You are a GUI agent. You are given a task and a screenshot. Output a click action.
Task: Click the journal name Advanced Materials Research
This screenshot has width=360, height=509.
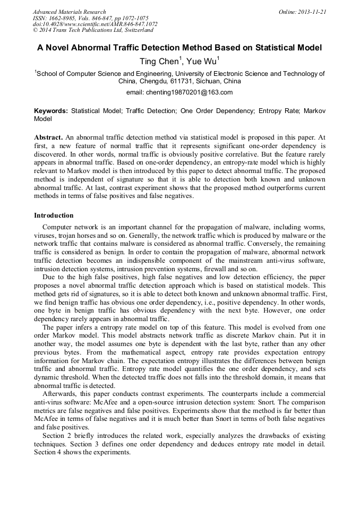(69, 12)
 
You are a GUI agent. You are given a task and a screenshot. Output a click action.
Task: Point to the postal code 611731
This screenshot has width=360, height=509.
(181, 82)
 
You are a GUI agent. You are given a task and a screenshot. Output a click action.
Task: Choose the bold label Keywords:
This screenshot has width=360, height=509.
(51, 111)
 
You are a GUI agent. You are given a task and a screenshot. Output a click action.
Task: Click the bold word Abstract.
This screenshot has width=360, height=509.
(48, 137)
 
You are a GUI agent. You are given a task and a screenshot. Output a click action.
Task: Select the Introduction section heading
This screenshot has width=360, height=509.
(54, 215)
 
